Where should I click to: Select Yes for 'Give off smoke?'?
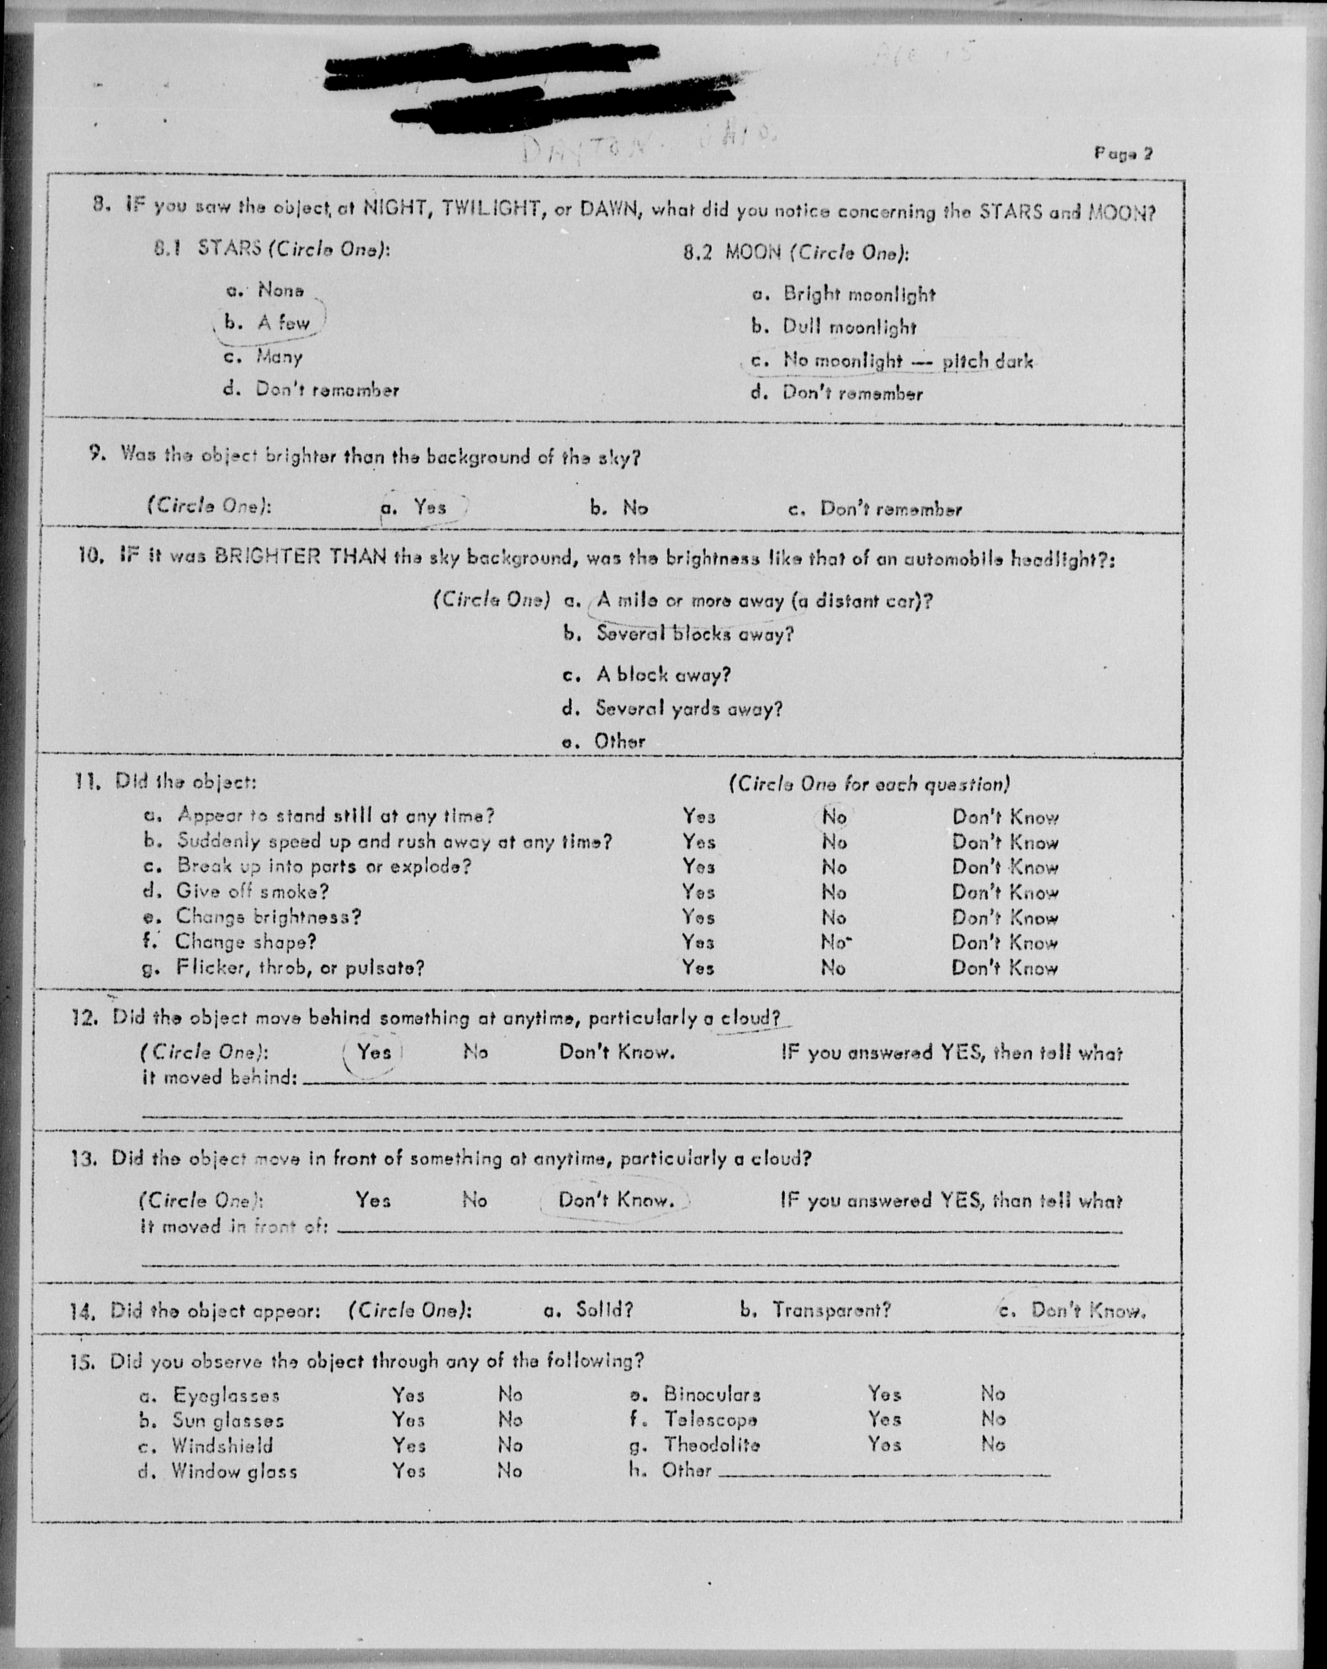698,892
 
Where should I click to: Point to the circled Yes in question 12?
374,1052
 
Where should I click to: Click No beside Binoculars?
992,1394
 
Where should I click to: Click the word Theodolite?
711,1445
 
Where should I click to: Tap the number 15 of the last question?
81,1361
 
